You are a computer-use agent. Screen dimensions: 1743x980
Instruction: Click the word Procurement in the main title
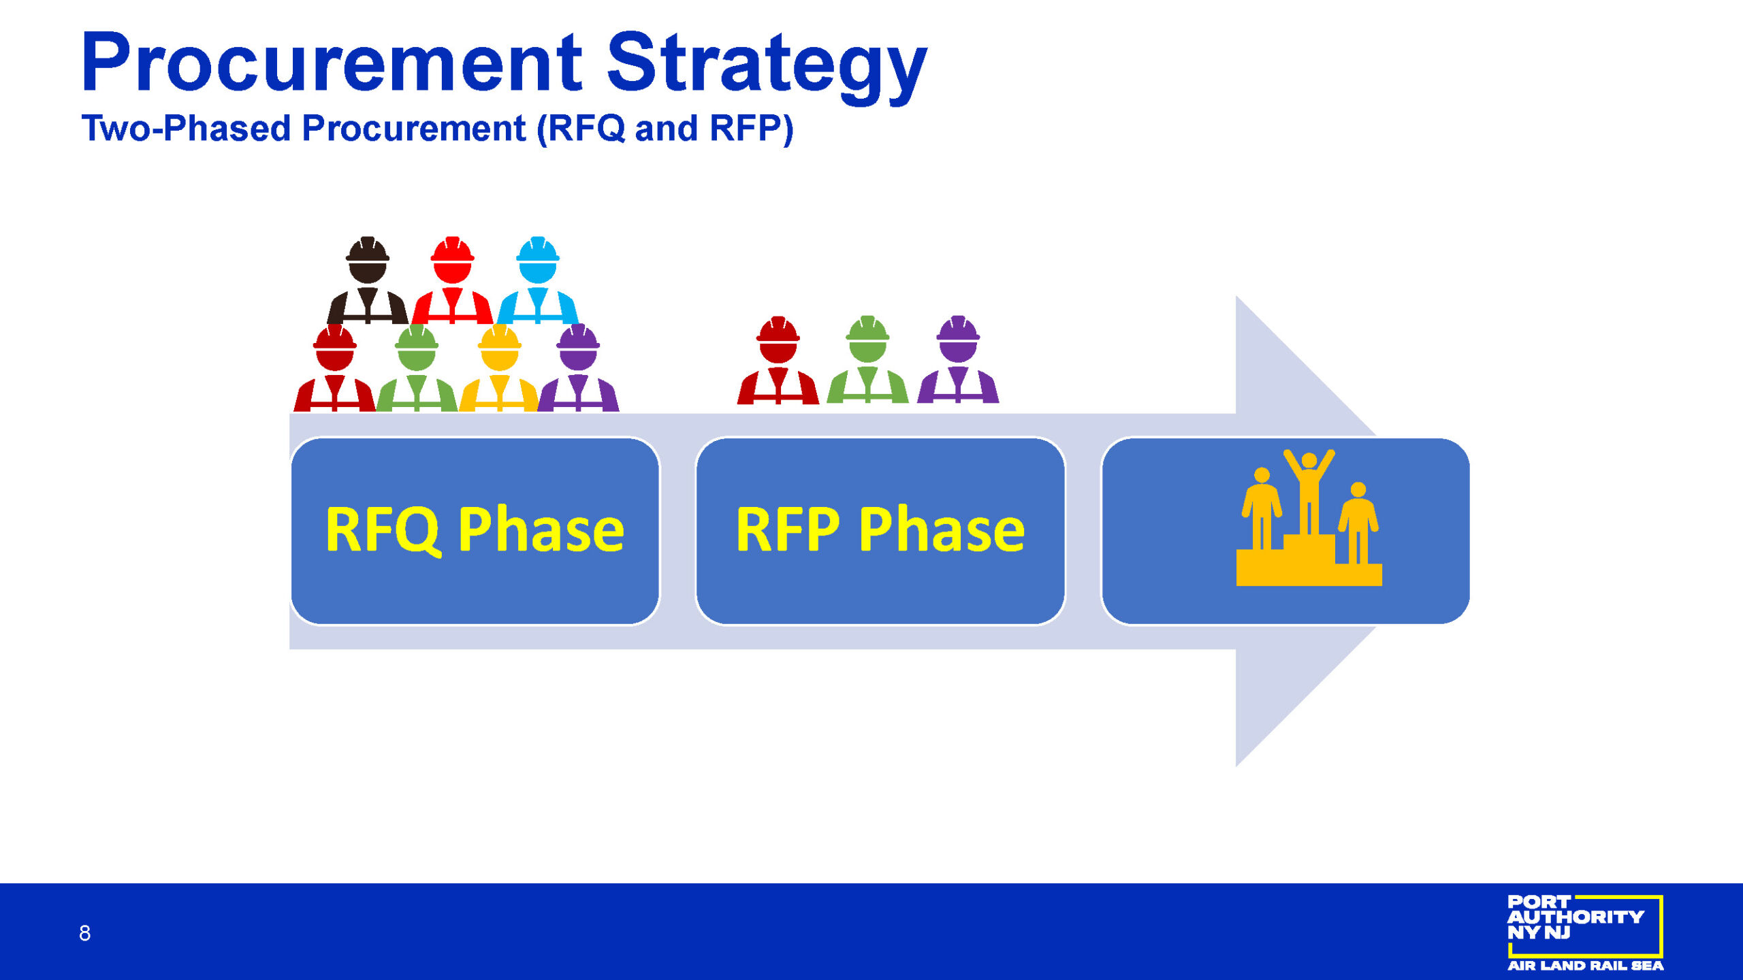(332, 62)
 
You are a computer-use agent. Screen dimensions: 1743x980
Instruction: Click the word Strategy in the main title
(767, 67)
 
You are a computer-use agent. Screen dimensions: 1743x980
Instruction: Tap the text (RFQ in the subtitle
(581, 129)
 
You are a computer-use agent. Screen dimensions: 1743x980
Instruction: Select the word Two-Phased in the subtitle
(186, 128)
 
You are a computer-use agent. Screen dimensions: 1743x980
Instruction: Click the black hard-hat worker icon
(368, 280)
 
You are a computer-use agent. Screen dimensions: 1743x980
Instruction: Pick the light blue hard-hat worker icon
(538, 280)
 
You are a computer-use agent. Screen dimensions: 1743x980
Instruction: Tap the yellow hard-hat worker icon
(500, 367)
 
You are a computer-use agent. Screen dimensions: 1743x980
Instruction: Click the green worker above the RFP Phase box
(867, 359)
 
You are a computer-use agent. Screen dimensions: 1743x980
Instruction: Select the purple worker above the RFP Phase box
(958, 359)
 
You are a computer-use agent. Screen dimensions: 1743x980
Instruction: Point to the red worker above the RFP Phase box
(778, 359)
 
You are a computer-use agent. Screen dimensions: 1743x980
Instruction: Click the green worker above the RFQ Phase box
(417, 367)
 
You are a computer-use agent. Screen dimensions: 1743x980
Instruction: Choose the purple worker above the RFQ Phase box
(578, 367)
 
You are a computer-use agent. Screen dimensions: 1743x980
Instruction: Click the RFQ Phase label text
(475, 530)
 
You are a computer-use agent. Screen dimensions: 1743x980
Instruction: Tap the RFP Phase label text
(880, 529)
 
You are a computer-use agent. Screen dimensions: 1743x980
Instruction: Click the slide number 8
(84, 933)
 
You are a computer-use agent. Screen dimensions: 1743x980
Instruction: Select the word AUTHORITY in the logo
(1576, 917)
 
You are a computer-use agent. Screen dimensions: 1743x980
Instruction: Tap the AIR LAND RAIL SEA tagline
(1586, 966)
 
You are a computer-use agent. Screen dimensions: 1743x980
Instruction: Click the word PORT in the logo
(1539, 902)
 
